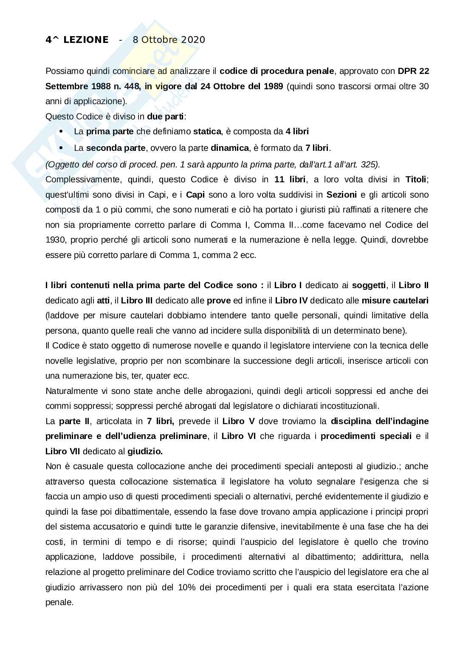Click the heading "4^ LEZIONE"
77,40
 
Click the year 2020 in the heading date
193,40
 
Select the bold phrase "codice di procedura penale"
277,71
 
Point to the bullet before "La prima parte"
62,132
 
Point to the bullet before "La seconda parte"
62,148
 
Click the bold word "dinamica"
229,148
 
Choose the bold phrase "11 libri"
290,179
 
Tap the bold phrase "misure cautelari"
395,300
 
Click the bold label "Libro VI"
238,436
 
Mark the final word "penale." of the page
59,602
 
